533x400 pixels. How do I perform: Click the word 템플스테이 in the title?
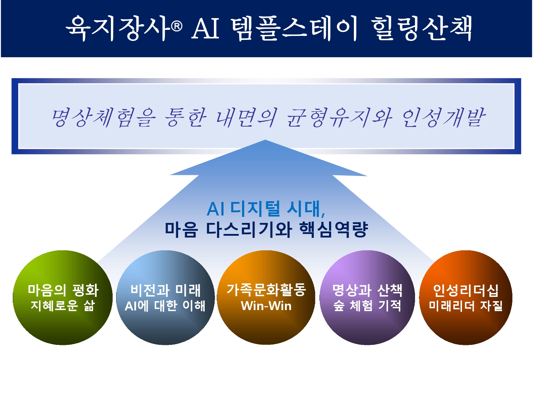click(x=294, y=28)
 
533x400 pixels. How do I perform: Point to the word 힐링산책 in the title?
click(x=421, y=28)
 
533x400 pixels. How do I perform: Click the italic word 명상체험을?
click(x=103, y=118)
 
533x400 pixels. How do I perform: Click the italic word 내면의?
click(x=247, y=118)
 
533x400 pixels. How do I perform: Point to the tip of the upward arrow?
click(x=265, y=140)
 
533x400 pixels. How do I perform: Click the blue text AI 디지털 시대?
click(x=266, y=209)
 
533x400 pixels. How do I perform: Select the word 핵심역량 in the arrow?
click(x=333, y=229)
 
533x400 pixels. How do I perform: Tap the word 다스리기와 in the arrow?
click(x=249, y=229)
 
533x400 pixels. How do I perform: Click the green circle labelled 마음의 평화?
click(x=63, y=298)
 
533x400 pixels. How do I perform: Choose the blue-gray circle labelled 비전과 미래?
click(x=166, y=298)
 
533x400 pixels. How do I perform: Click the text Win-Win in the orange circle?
click(x=266, y=306)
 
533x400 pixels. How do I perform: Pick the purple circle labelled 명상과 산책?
click(x=367, y=298)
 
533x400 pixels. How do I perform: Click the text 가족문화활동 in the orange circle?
click(x=266, y=290)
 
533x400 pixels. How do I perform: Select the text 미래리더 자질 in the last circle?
click(x=466, y=306)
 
